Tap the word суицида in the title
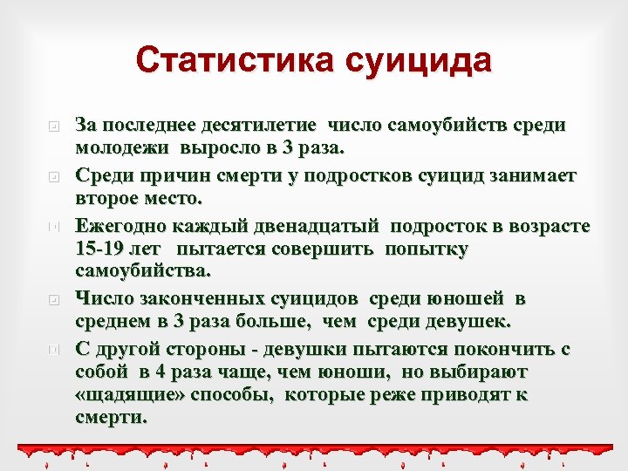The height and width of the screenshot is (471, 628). (x=418, y=61)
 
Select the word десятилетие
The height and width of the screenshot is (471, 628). (x=265, y=125)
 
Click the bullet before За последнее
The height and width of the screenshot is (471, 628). (x=53, y=126)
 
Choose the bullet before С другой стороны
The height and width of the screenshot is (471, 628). (x=53, y=350)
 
